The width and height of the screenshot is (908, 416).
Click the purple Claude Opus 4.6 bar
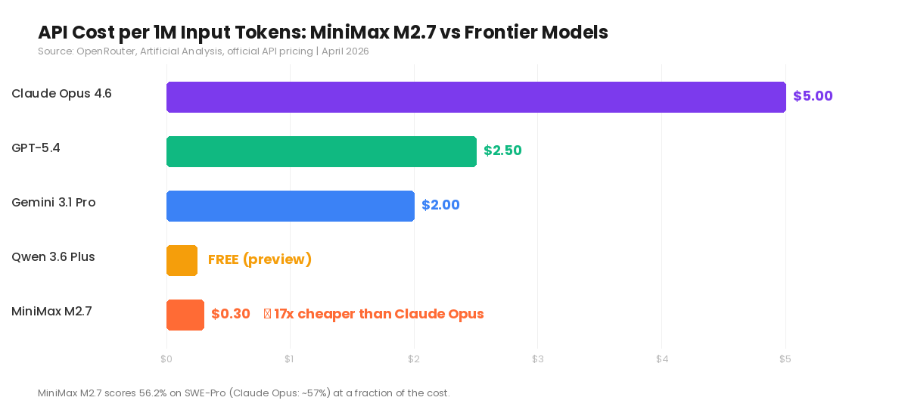tap(476, 97)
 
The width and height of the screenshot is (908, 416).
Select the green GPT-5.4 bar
tap(321, 151)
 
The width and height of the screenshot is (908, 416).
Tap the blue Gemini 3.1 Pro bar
tap(290, 206)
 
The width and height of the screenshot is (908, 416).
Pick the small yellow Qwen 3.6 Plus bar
tap(182, 260)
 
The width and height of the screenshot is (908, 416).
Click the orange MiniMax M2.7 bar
tap(185, 315)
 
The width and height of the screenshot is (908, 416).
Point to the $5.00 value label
tap(813, 96)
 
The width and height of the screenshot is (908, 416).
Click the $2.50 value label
tap(502, 151)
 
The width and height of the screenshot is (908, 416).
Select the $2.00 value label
tap(440, 205)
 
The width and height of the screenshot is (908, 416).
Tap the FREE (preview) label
tap(260, 259)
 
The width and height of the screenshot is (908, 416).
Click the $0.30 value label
tap(231, 314)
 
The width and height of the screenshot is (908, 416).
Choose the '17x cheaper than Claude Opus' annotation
tap(378, 314)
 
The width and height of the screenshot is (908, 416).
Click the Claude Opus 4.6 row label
tap(61, 94)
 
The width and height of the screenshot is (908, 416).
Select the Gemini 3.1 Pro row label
tap(54, 203)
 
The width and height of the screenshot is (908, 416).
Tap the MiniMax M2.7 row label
tap(51, 312)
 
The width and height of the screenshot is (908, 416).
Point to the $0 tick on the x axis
tap(166, 359)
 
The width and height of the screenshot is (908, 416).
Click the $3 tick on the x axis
tap(537, 359)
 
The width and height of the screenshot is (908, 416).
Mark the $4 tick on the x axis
tap(661, 359)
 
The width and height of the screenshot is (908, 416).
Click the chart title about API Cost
tap(322, 33)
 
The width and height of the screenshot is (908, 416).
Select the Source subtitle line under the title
tap(203, 51)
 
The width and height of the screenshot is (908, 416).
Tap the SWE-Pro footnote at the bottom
tap(244, 393)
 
